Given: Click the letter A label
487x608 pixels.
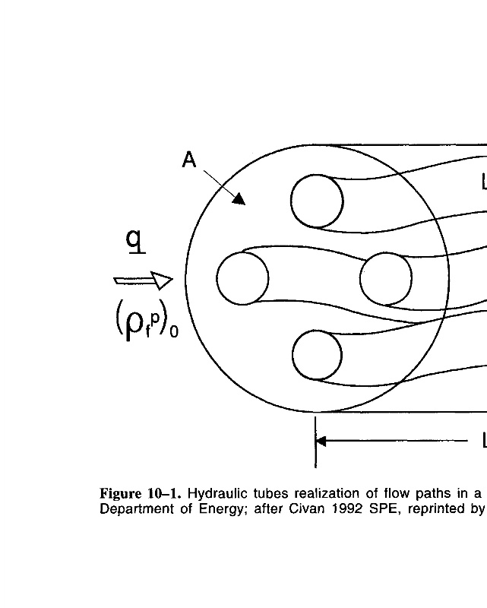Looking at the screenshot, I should pos(190,160).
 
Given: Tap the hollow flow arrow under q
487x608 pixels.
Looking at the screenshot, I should pos(144,280).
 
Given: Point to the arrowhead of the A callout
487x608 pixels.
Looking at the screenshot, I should pos(239,199).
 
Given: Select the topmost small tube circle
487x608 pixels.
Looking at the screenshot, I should pos(317,201).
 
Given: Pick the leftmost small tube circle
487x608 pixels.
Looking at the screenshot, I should pos(242,279).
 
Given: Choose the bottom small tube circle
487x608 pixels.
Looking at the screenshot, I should pos(318,355).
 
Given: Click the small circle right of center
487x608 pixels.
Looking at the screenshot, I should pos(386,279).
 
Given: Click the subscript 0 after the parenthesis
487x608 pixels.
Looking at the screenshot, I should pos(174,332).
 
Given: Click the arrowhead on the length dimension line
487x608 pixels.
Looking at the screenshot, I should pos(321,441).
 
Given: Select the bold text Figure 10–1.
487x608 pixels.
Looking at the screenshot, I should pos(137,494).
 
